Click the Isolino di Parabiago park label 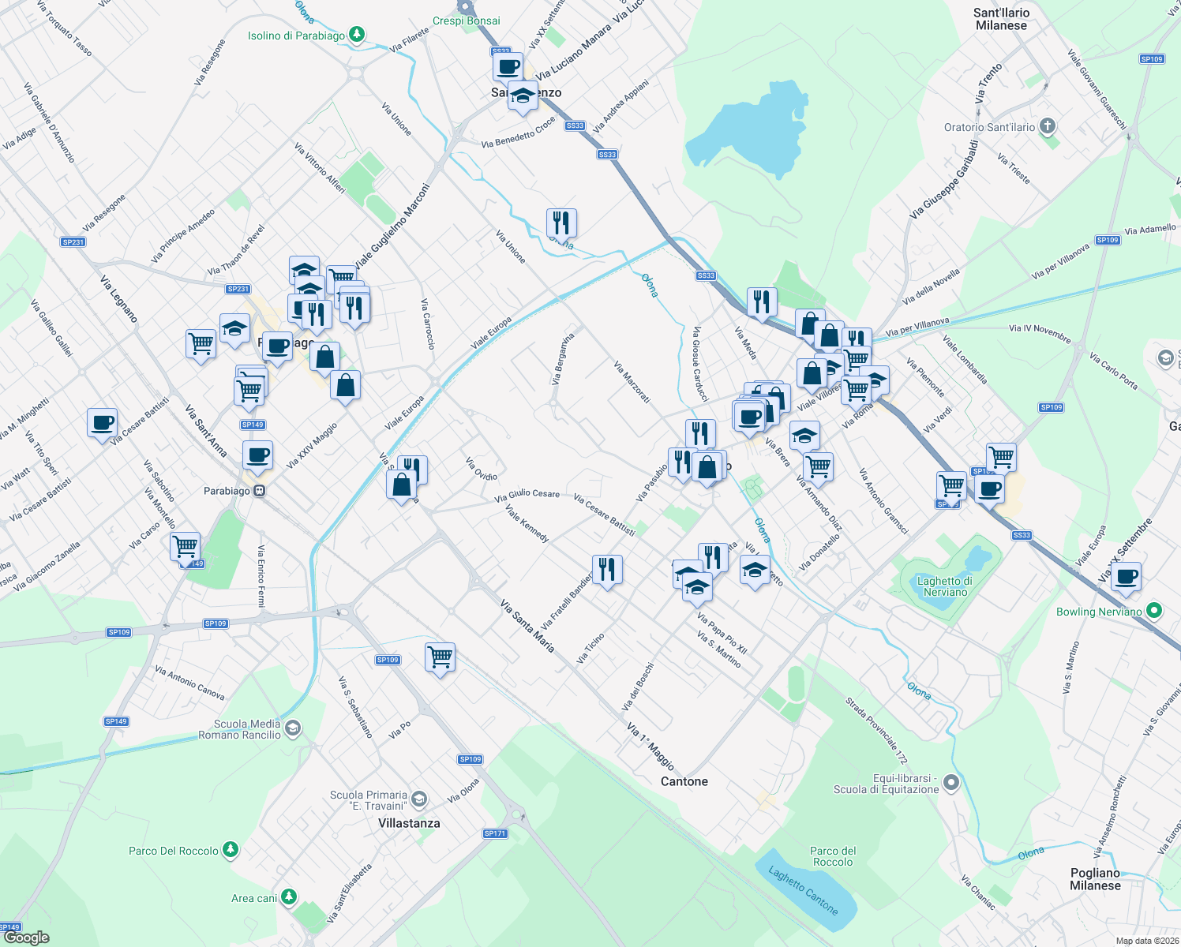point(296,36)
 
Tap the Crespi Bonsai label point(466,21)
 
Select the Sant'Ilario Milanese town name point(1001,19)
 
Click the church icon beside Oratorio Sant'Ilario point(1048,126)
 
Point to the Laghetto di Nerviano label point(945,586)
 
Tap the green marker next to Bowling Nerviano point(1154,611)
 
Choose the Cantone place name point(684,781)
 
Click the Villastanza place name point(409,823)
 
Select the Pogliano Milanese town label point(1095,879)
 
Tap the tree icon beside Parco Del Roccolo point(230,850)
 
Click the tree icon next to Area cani point(289,897)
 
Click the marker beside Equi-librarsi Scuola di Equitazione point(951,783)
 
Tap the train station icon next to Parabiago point(259,491)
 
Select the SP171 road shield point(495,833)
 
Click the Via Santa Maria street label point(527,626)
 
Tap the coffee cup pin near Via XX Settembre point(1127,577)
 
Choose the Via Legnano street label point(119,298)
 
